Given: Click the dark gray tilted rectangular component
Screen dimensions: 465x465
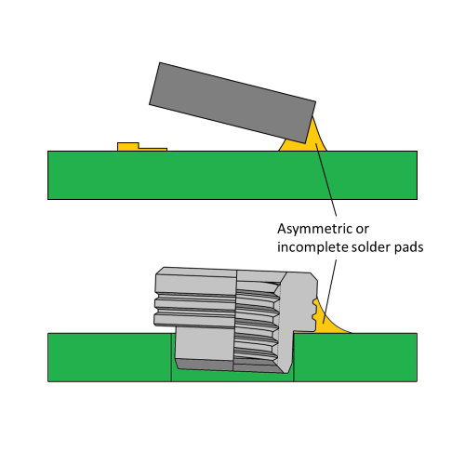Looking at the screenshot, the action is (x=232, y=102).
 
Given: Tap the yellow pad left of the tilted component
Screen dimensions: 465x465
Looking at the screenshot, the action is (x=142, y=147).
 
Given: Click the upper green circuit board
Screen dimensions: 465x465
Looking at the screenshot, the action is (x=232, y=175).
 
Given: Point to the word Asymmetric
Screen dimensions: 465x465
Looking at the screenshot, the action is (x=314, y=229).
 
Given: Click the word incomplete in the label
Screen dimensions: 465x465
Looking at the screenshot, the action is (x=312, y=247).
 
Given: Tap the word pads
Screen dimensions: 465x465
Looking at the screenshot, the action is (x=409, y=247).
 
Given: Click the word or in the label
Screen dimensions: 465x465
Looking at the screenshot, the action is (x=363, y=230).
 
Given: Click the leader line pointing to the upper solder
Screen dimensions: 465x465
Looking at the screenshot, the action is (x=326, y=179).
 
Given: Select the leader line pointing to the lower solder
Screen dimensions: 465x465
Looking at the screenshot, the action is (x=330, y=291).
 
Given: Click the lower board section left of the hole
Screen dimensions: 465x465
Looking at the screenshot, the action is (x=110, y=357).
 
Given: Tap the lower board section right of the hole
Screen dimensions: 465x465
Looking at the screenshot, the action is (x=355, y=357).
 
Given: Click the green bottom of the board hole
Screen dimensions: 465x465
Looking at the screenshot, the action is (x=232, y=376).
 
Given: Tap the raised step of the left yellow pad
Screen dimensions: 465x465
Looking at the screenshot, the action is (x=128, y=146).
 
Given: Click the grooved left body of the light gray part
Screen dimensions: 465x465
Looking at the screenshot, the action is (x=195, y=298).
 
